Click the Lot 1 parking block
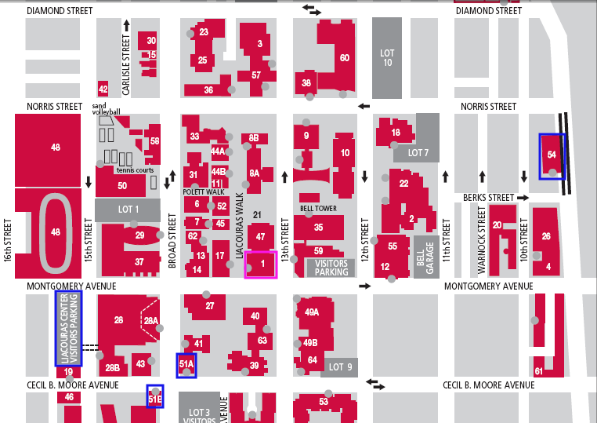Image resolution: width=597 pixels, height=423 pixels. click(127, 209)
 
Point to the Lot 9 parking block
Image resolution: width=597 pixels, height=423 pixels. click(341, 366)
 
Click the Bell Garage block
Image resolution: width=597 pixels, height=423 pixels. click(425, 256)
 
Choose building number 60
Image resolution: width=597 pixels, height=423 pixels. click(344, 58)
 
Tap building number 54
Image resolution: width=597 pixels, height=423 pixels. click(552, 155)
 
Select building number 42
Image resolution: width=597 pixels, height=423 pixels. click(103, 88)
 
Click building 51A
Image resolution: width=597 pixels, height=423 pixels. click(186, 365)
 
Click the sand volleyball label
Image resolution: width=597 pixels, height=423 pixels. click(107, 109)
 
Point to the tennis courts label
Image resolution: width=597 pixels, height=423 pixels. click(135, 170)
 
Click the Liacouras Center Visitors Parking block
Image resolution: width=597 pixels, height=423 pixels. click(68, 327)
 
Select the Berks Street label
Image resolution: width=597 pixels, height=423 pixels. click(487, 198)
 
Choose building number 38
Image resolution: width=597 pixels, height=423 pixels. click(306, 82)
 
